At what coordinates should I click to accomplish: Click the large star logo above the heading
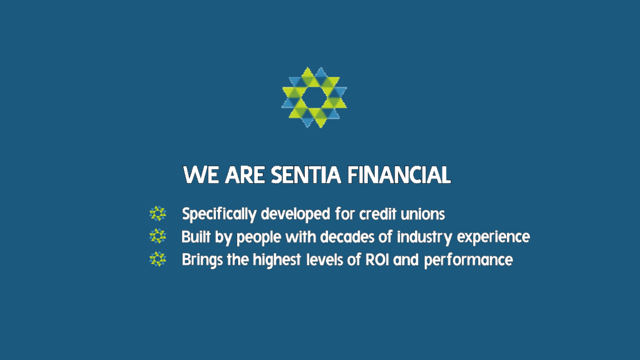point(314,97)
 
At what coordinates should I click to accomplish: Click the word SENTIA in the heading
point(306,174)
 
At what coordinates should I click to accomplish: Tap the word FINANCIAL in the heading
point(399,174)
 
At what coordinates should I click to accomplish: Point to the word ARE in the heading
point(245,174)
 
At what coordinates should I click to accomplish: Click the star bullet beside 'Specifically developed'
point(157,213)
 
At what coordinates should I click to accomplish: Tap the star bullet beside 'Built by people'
point(157,236)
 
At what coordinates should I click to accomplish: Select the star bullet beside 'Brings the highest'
point(157,259)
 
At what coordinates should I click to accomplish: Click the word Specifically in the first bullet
point(219,214)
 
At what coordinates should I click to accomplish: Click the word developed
point(295,214)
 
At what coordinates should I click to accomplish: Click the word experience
point(493,237)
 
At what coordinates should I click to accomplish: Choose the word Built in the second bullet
point(196,237)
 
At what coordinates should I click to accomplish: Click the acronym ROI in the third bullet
point(377,259)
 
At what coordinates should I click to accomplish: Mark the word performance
point(468,260)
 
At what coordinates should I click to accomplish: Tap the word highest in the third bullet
point(276,260)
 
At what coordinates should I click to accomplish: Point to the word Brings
point(202,260)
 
